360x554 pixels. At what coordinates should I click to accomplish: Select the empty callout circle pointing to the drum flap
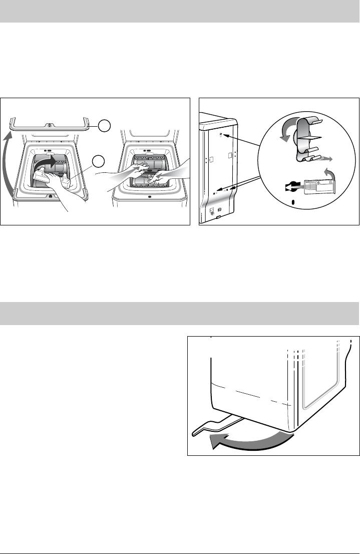[99, 162]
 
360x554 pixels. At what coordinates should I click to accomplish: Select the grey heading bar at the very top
[180, 12]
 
